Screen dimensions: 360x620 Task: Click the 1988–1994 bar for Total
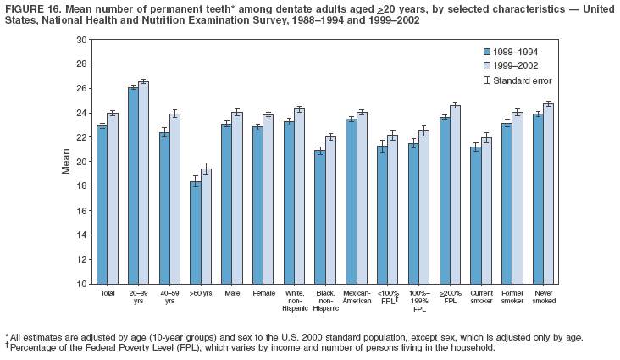click(102, 204)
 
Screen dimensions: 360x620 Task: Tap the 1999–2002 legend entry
click(517, 64)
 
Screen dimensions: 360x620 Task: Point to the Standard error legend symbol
click(487, 80)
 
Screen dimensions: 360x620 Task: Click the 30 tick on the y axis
click(81, 40)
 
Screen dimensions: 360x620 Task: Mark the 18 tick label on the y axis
click(81, 186)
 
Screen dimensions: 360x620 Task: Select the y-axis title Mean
click(65, 161)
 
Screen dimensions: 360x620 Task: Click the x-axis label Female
click(263, 293)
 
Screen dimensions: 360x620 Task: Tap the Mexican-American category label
click(357, 297)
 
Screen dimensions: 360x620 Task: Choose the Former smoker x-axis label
click(512, 297)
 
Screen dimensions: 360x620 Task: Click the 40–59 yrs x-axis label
click(169, 297)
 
